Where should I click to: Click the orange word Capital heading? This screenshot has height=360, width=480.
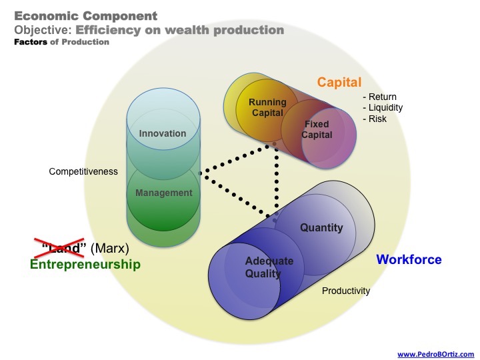click(x=339, y=83)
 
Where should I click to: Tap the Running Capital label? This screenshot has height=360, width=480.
click(x=267, y=107)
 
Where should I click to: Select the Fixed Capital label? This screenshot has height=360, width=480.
click(x=317, y=129)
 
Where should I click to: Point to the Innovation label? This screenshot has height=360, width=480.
click(x=163, y=133)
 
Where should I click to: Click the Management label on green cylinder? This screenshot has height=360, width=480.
click(x=163, y=193)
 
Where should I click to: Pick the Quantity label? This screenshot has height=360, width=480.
click(x=321, y=228)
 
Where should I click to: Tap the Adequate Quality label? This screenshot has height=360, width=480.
click(x=269, y=267)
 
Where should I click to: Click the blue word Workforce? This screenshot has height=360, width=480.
click(x=409, y=259)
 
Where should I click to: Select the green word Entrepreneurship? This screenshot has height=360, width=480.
click(x=85, y=265)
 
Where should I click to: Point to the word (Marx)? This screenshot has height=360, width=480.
click(x=109, y=249)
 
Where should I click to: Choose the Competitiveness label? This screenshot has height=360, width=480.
click(x=83, y=171)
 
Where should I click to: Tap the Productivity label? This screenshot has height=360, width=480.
click(x=346, y=291)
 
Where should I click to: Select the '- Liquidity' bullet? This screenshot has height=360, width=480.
click(x=383, y=107)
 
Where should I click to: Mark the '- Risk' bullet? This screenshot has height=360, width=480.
click(x=375, y=119)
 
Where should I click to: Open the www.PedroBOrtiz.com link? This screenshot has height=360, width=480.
click(x=435, y=354)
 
